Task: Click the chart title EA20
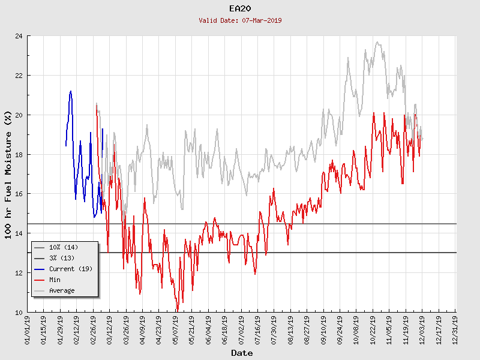pyautogui.click(x=240, y=8)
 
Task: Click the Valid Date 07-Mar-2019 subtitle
pyautogui.click(x=240, y=20)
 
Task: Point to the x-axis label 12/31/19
pyautogui.click(x=455, y=331)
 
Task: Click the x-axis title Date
pyautogui.click(x=242, y=353)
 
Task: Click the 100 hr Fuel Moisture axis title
pyautogui.click(x=8, y=174)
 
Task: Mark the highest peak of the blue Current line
pyautogui.click(x=71, y=91)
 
